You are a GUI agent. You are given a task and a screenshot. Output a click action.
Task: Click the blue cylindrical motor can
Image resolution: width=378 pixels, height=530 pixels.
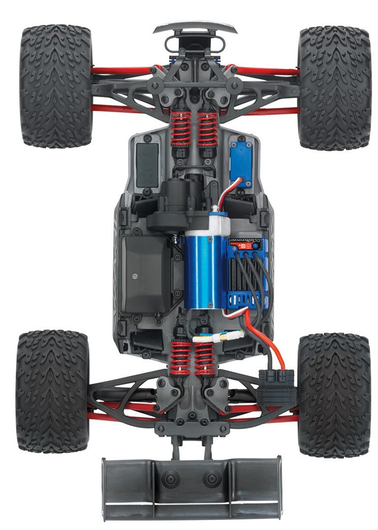(x=199, y=271)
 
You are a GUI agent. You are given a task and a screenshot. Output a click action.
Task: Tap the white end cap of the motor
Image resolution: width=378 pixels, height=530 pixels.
(x=219, y=224)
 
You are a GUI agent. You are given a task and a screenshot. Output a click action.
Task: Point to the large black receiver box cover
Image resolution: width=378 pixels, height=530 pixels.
(x=146, y=273)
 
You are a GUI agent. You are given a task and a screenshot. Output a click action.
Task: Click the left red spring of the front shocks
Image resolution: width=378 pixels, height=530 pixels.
(x=181, y=128)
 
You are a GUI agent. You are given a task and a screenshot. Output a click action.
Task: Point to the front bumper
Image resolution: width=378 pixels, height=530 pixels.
(x=195, y=28)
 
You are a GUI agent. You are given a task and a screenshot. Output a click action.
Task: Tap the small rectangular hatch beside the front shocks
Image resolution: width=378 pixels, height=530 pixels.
(x=147, y=166)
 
